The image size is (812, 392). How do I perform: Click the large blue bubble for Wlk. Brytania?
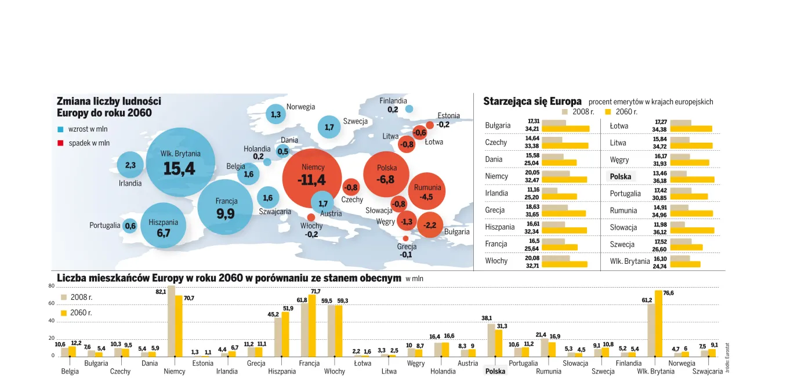pyautogui.click(x=180, y=162)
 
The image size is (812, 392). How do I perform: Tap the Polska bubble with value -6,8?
pyautogui.click(x=386, y=174)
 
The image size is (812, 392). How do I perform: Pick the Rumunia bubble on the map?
pyautogui.click(x=427, y=192)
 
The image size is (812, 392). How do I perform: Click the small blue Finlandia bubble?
pyautogui.click(x=409, y=109)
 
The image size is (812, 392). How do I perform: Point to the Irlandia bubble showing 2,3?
pyautogui.click(x=130, y=165)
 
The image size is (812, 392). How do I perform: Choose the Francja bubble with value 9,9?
pyautogui.click(x=226, y=208)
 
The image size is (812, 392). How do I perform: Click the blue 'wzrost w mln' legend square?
pyautogui.click(x=60, y=129)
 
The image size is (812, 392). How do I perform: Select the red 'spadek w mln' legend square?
pyautogui.click(x=60, y=143)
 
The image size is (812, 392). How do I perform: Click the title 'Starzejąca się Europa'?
pyautogui.click(x=532, y=101)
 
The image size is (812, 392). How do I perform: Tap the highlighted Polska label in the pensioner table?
pyautogui.click(x=620, y=176)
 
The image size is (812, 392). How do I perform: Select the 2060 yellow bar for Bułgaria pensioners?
pyautogui.click(x=565, y=129)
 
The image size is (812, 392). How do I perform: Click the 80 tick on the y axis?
pyautogui.click(x=51, y=286)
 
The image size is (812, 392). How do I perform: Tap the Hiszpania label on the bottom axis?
pyautogui.click(x=282, y=371)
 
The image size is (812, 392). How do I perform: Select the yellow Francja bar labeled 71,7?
pyautogui.click(x=312, y=325)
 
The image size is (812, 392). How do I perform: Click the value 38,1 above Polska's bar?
pyautogui.click(x=487, y=318)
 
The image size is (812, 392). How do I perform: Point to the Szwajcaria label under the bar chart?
pyautogui.click(x=707, y=371)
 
